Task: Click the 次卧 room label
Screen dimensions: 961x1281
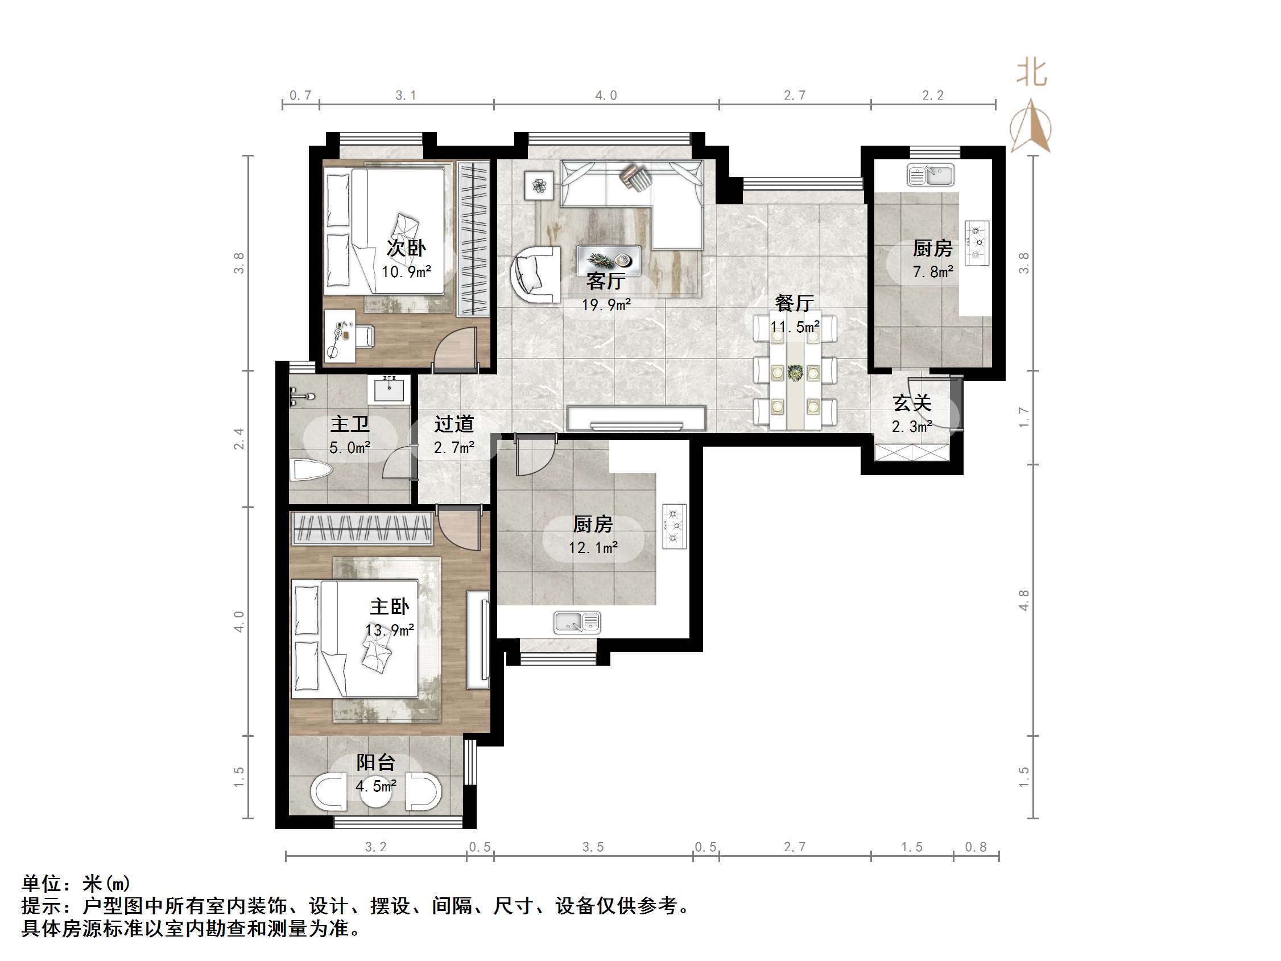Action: click(406, 248)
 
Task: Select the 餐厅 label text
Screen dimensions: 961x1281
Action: click(794, 303)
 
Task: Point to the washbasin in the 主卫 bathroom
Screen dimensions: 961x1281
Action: click(389, 389)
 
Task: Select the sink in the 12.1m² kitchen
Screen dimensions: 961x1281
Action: click(577, 622)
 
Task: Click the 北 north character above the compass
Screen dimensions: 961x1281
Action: click(1031, 73)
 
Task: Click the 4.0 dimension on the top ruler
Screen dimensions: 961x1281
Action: click(606, 96)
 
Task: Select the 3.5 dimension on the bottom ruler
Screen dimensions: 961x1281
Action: click(592, 847)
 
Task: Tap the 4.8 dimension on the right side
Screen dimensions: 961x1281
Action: click(1023, 600)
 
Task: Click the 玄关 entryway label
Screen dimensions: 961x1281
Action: click(911, 403)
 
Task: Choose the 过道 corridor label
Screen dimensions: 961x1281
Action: click(454, 424)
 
